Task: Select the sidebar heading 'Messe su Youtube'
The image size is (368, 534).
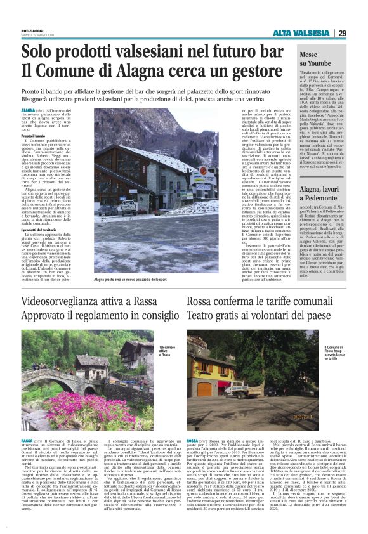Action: pos(317,60)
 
